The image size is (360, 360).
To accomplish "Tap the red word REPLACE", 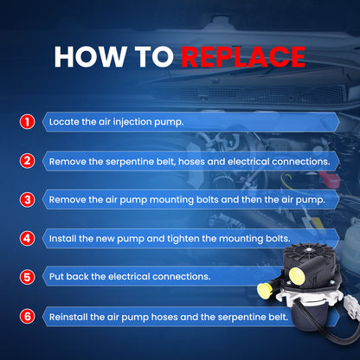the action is [243, 56].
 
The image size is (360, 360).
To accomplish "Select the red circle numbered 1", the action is [27, 122].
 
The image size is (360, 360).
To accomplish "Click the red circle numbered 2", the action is [27, 161].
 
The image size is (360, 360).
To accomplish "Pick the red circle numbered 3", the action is [27, 200].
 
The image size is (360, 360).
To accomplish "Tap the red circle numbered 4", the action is [27, 239].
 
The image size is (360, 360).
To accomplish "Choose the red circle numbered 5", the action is [27, 277].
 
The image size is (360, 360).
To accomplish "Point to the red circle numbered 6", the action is [27, 317].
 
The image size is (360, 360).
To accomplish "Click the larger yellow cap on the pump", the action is [297, 275].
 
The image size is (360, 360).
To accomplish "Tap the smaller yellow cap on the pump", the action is [264, 290].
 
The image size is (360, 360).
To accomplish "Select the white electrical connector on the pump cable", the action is [352, 305].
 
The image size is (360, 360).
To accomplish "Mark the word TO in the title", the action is [154, 56].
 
